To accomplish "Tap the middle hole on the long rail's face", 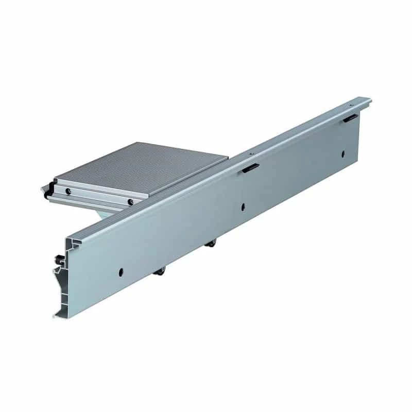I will pos(243,208).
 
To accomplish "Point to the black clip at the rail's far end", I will pos(351,118).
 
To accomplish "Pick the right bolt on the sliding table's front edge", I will pos(131,201).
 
